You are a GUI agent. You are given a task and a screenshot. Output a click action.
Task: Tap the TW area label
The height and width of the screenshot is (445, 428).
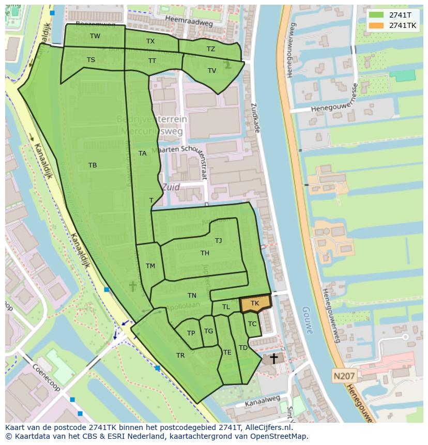pos(95,36)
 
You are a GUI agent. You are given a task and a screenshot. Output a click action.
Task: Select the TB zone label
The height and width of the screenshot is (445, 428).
pos(93,165)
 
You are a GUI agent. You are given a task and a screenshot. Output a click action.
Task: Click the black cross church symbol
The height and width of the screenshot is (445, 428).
pos(273,358)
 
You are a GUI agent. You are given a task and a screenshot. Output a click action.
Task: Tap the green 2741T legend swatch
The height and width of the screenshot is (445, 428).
pos(376,15)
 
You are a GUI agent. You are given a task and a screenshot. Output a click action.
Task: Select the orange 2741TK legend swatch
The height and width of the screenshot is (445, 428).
pos(376,25)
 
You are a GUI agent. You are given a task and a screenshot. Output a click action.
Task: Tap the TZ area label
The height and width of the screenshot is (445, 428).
pos(210,49)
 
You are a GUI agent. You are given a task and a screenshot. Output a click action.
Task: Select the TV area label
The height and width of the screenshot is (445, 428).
pos(211,71)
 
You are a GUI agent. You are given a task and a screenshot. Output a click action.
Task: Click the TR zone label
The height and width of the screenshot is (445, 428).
pos(180,356)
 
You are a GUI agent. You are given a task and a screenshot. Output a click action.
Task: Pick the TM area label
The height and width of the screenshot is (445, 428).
pos(150,266)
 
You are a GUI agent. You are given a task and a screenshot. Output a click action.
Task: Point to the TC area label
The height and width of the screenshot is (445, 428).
pos(252,324)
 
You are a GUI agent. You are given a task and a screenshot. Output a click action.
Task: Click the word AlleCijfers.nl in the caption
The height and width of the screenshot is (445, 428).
pos(268,427)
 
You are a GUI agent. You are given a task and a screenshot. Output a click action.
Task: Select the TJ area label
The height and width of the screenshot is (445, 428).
pos(218,240)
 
